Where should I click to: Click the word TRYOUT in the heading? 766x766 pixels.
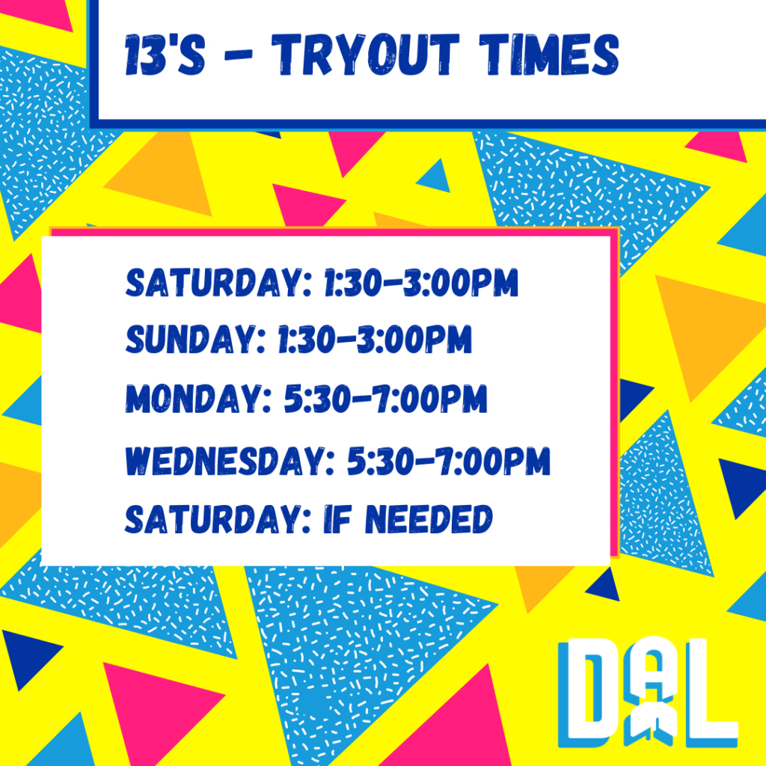coord(365,54)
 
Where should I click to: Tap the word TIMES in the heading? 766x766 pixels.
coord(549,54)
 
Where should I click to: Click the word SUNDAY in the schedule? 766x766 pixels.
coord(195,339)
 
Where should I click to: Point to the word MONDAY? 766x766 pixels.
coord(198,399)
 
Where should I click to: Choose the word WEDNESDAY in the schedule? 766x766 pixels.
coord(230,460)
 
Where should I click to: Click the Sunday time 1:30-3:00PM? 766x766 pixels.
coord(375,339)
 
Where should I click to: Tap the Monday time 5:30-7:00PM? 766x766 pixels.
coord(386,399)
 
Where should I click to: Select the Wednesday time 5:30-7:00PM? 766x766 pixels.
coord(449,460)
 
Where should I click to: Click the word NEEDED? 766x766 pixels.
coord(429,519)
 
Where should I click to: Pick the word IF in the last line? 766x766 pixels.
coord(337,519)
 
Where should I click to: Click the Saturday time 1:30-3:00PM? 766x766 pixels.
coord(420,282)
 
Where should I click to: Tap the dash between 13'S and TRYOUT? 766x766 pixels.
coord(239,55)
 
